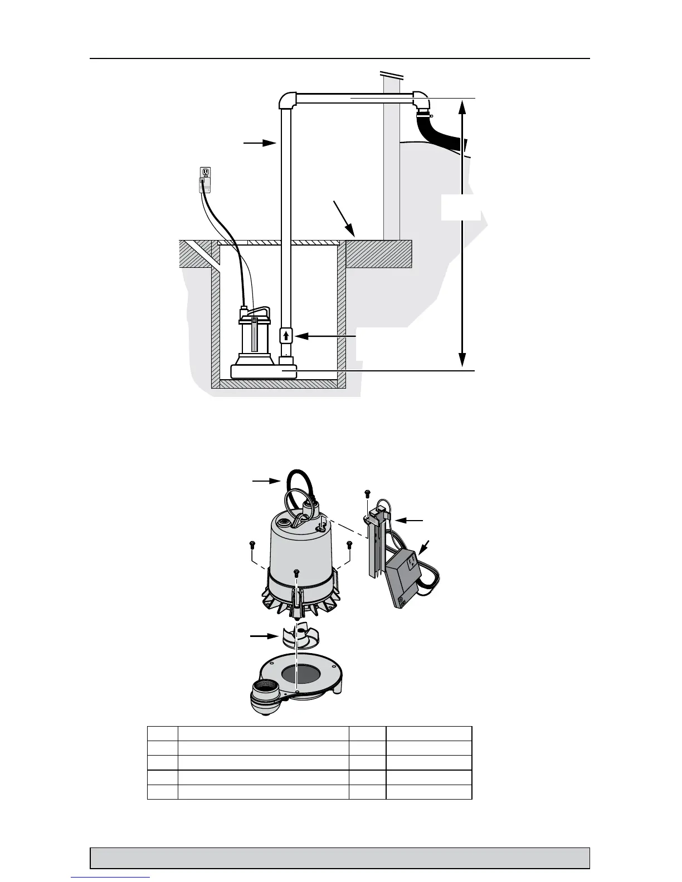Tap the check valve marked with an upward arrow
tap(286, 335)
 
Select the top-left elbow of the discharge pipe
tap(286, 100)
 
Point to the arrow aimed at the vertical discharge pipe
tap(260, 143)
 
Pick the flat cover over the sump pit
tap(279, 243)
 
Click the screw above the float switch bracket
tap(367, 493)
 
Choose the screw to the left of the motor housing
tap(251, 544)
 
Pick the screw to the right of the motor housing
tap(349, 544)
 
